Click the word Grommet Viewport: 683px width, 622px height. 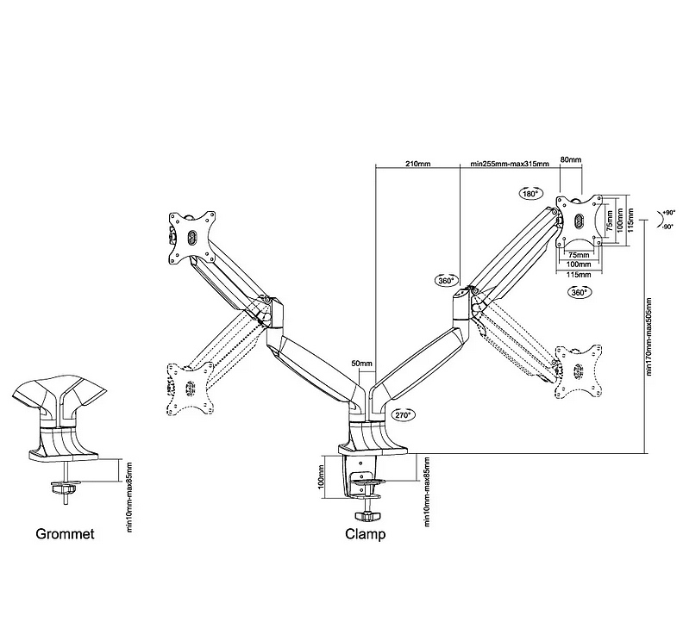pyautogui.click(x=66, y=534)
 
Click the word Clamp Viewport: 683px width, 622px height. pyautogui.click(x=366, y=534)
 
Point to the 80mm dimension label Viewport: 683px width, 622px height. pyautogui.click(x=570, y=160)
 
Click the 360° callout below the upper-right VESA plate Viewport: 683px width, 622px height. pyautogui.click(x=579, y=293)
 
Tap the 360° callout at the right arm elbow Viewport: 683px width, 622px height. pyautogui.click(x=446, y=281)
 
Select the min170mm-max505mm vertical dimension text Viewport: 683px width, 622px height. pyautogui.click(x=648, y=338)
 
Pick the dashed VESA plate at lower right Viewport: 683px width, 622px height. pyautogui.click(x=580, y=369)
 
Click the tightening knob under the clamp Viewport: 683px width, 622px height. pyautogui.click(x=373, y=515)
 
